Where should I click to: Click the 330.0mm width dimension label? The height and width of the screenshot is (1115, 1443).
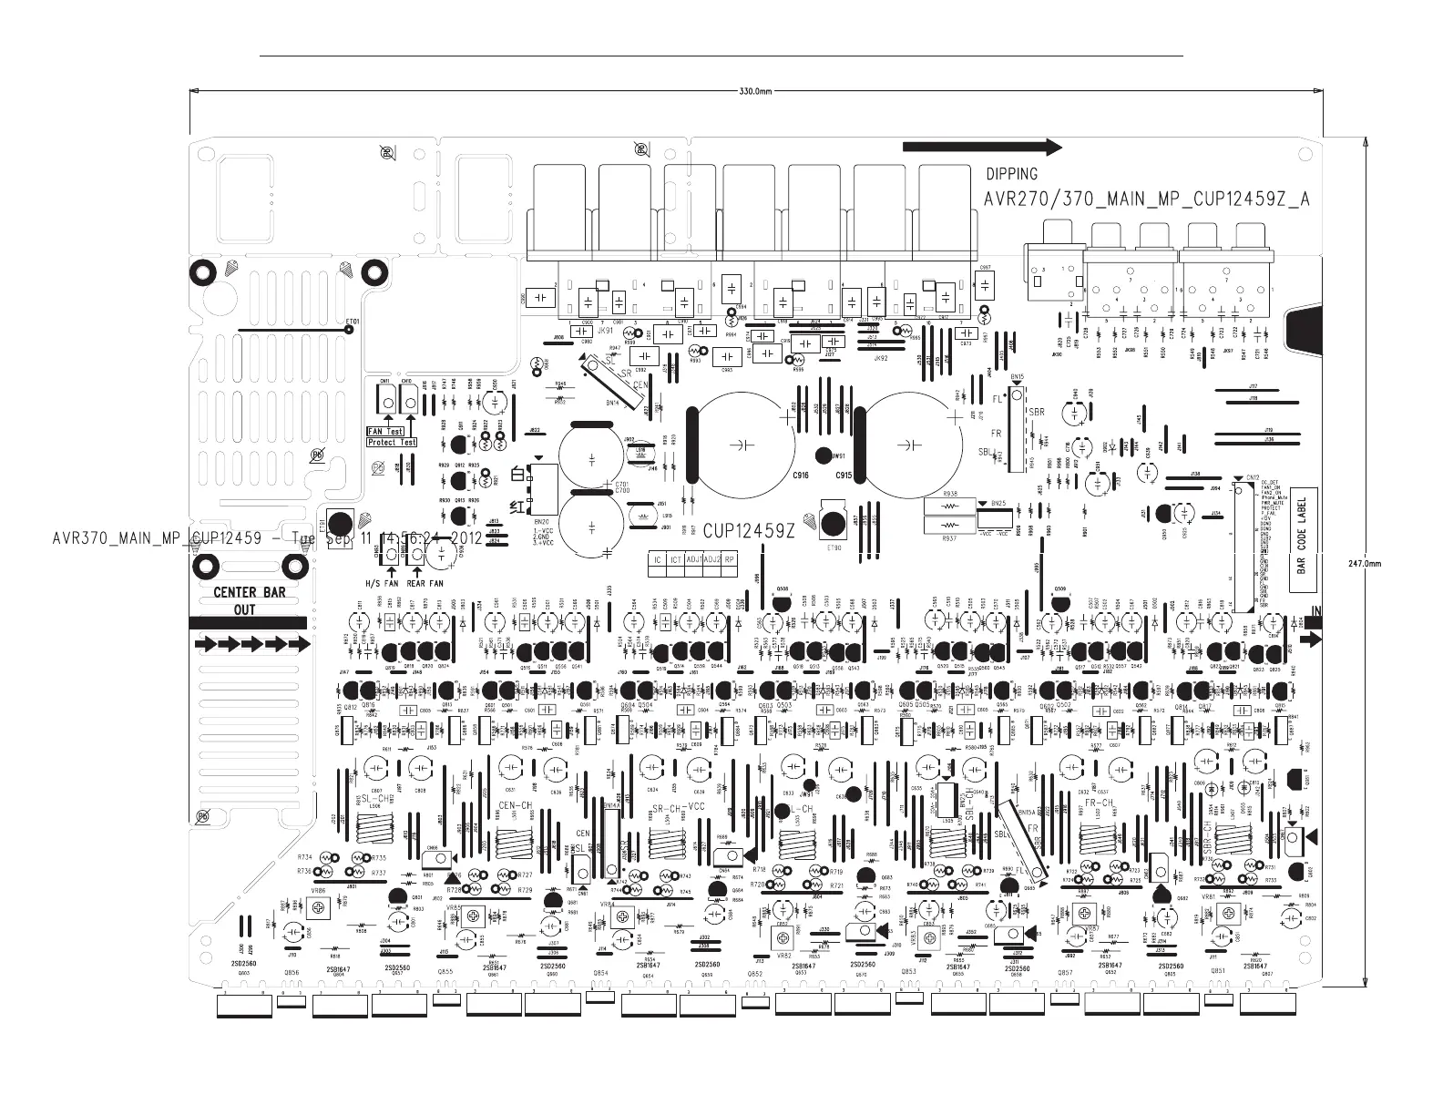tap(753, 92)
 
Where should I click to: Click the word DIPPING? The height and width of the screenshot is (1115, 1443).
tap(1011, 174)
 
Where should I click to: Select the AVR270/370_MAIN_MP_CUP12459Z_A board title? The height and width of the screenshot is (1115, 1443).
tap(1147, 199)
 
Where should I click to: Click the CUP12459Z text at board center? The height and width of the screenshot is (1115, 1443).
tap(749, 530)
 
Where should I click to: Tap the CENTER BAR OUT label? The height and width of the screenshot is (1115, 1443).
tap(248, 600)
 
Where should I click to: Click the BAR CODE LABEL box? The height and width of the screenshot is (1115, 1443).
tap(1302, 543)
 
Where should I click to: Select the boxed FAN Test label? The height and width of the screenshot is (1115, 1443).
tap(384, 431)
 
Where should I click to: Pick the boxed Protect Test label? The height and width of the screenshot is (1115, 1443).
tap(392, 443)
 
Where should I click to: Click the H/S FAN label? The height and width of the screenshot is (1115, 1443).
tap(382, 583)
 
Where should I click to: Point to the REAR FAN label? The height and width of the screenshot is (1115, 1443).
tap(425, 583)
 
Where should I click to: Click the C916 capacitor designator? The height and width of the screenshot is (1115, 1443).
tap(801, 476)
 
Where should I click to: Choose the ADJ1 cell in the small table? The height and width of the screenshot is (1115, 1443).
tap(695, 559)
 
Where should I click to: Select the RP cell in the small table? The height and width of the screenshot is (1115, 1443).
tap(730, 559)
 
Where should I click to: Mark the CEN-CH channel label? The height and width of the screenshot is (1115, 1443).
tap(515, 806)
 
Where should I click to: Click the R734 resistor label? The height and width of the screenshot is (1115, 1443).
tap(304, 857)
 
